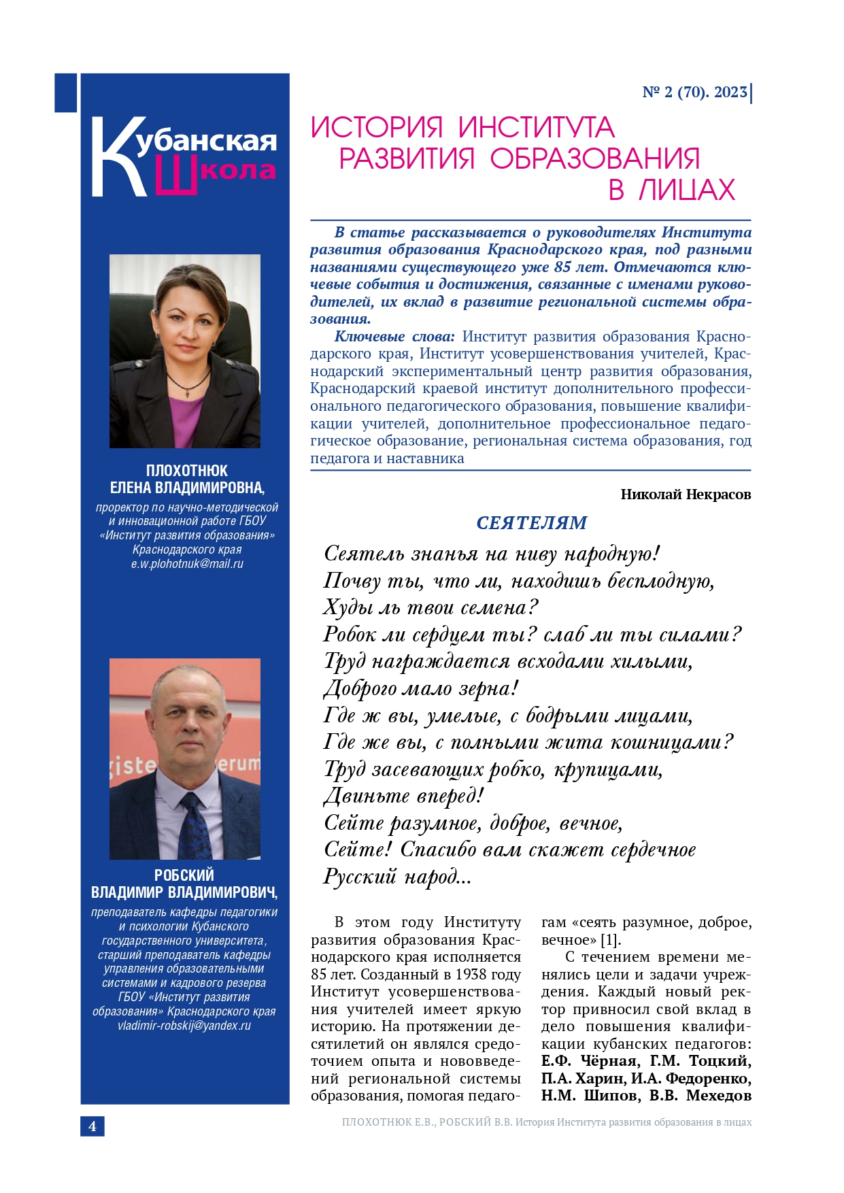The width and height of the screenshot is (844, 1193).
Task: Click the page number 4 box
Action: click(92, 1126)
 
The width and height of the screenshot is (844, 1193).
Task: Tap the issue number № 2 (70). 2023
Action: click(694, 92)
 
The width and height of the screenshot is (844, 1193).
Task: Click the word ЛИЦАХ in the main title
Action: click(687, 190)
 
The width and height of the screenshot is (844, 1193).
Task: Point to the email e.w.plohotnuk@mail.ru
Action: click(187, 564)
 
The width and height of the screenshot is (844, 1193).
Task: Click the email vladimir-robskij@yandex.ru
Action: click(184, 1026)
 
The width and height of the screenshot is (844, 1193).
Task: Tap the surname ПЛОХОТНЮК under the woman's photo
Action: click(187, 471)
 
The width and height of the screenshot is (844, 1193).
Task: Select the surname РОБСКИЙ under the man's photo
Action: click(184, 875)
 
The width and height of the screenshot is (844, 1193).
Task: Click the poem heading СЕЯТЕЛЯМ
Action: click(531, 523)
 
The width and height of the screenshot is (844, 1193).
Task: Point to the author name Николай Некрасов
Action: click(686, 494)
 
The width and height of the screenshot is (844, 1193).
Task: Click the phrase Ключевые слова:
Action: click(394, 337)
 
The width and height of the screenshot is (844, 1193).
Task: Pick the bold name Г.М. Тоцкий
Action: click(700, 1061)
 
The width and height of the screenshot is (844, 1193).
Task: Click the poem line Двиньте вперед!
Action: click(403, 796)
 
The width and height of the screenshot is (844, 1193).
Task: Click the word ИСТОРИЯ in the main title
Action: click(377, 128)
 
